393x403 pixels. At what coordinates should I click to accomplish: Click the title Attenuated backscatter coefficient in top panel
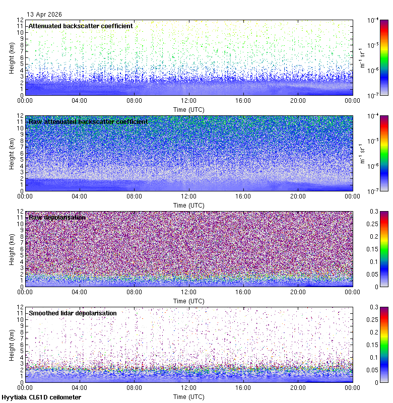(x=81, y=26)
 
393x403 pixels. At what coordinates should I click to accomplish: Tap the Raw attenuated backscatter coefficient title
(x=88, y=121)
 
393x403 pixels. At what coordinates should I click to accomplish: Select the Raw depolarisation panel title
(x=57, y=217)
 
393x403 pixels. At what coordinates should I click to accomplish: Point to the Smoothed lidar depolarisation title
(x=73, y=313)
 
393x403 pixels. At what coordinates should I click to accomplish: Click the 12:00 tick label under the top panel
(x=189, y=100)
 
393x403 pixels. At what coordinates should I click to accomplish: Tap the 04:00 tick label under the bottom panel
(x=80, y=387)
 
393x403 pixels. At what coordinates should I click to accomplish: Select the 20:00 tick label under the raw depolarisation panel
(x=298, y=292)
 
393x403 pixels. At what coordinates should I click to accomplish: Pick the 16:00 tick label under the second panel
(x=243, y=196)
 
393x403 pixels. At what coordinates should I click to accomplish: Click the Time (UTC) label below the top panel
(x=189, y=109)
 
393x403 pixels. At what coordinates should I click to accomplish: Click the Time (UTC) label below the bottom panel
(x=189, y=396)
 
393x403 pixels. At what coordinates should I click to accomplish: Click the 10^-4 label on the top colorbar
(x=373, y=20)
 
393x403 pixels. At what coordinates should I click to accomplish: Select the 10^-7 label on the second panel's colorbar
(x=373, y=191)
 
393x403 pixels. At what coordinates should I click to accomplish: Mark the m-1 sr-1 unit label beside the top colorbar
(x=362, y=57)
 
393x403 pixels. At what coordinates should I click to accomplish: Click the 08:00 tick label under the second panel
(x=135, y=196)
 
